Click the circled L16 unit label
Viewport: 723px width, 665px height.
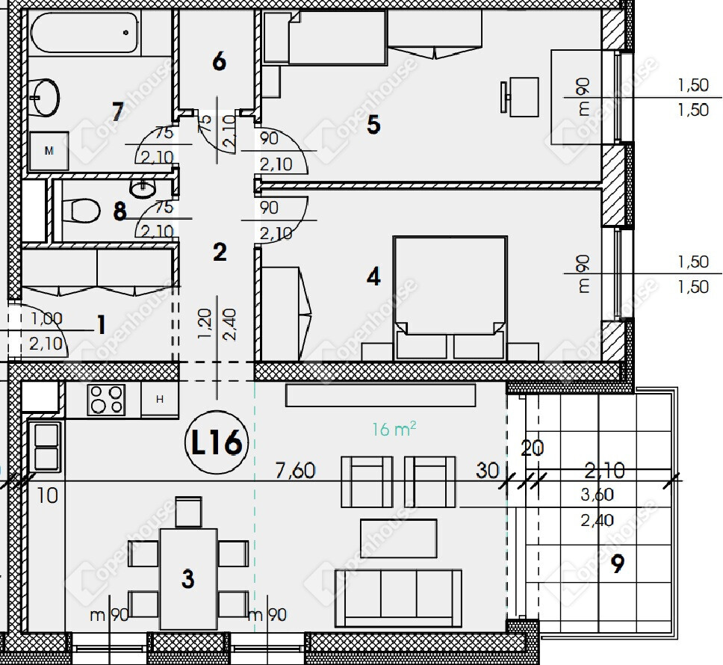217,443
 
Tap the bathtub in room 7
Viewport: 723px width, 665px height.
84,32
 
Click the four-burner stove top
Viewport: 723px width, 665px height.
106,399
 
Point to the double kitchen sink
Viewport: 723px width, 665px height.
46,446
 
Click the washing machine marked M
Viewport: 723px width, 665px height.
49,150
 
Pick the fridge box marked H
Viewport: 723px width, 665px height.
160,399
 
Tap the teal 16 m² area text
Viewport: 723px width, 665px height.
394,430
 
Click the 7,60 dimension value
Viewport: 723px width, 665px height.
295,471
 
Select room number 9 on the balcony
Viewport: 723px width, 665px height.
618,563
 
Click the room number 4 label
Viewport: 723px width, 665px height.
373,276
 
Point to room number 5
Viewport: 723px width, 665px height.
373,125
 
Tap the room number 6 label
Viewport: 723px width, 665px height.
219,61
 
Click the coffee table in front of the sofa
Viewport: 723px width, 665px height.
398,538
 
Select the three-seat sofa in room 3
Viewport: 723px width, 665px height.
398,598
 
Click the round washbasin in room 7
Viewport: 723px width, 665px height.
45,98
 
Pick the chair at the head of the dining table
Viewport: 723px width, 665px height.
188,512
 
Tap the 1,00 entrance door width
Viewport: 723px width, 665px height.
46,318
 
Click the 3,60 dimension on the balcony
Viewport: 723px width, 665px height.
597,495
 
